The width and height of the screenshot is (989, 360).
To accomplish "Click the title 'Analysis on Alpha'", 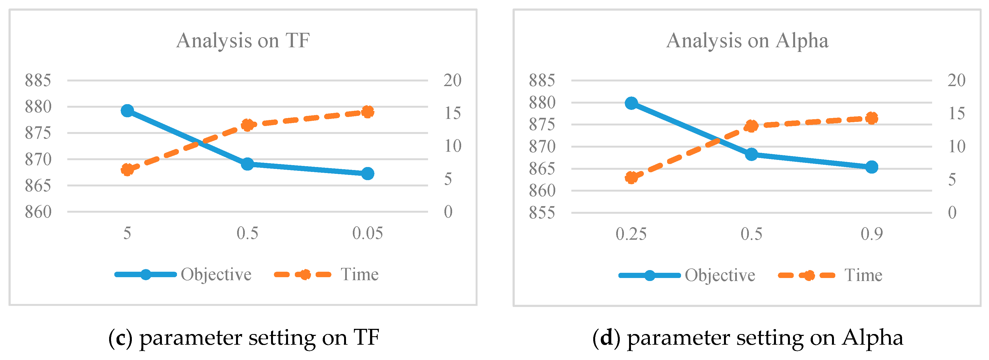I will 747,41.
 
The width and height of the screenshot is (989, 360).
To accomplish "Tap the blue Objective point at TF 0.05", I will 367,174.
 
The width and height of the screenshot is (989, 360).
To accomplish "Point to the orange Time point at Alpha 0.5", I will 751,126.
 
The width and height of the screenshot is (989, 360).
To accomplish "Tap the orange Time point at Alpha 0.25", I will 631,177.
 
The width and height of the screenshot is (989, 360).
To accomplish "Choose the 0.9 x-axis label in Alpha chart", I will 871,234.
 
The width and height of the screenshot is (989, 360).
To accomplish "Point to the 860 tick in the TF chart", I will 38,212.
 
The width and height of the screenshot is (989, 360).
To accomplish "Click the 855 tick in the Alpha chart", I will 542,213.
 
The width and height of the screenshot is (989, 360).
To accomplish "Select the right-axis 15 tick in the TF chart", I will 452,113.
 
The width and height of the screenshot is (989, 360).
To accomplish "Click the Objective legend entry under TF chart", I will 216,275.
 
